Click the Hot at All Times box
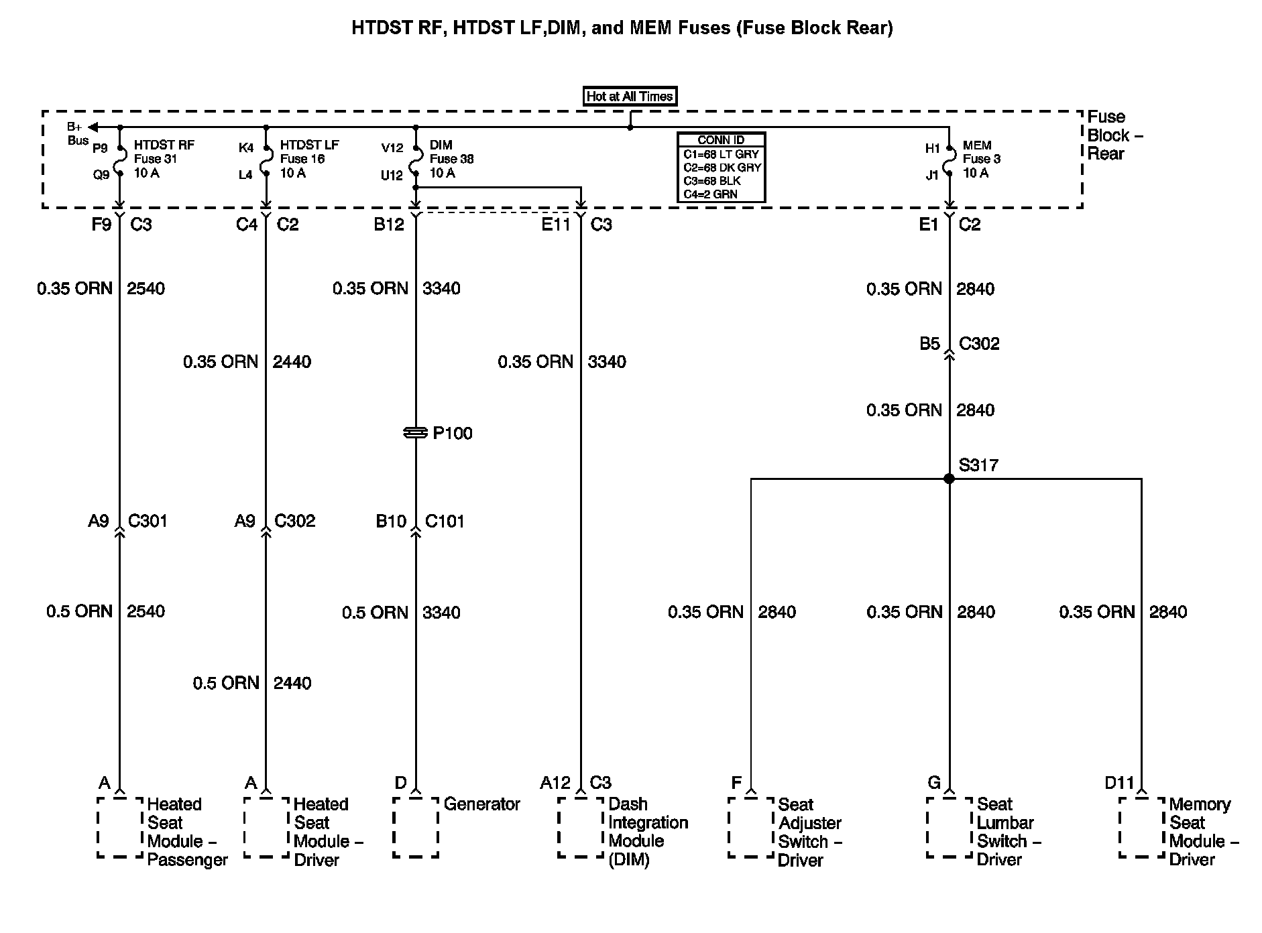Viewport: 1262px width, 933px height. pos(629,97)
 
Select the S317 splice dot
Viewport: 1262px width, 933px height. pos(949,479)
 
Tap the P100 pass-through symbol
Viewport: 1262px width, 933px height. pos(416,433)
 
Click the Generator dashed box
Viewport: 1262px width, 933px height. pos(416,827)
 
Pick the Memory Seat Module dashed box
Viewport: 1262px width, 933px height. pos(1141,827)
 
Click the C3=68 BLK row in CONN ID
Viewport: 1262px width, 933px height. pos(721,181)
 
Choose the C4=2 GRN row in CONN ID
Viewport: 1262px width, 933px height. pos(721,194)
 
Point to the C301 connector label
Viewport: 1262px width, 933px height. pos(148,521)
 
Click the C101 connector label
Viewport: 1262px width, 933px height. pos(445,521)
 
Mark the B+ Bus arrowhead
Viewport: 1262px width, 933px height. pos(93,127)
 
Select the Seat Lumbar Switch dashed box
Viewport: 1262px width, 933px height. pos(949,827)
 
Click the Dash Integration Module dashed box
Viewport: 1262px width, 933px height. pos(581,827)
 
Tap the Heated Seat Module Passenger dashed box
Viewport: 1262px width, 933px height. pos(120,827)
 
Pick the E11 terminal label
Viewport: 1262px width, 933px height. pos(555,225)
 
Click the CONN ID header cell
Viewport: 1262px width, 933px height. pos(721,140)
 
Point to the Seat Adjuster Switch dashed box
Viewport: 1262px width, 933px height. pos(751,827)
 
